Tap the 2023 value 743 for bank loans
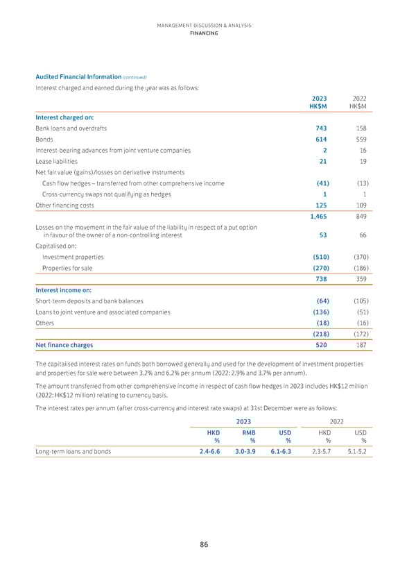(x=321, y=128)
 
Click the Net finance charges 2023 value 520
(x=321, y=345)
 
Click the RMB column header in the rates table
(x=249, y=431)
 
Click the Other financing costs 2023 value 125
(x=321, y=205)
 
